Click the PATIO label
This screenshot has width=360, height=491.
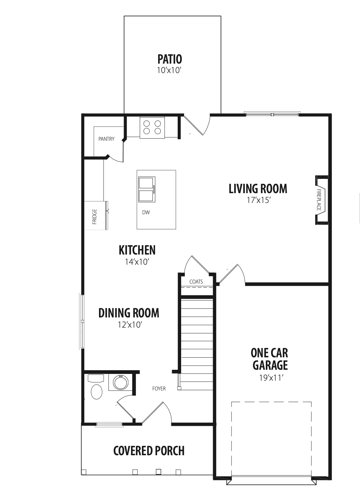pyautogui.click(x=170, y=59)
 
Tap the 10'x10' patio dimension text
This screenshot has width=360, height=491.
pyautogui.click(x=169, y=70)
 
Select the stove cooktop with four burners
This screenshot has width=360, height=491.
pyautogui.click(x=152, y=127)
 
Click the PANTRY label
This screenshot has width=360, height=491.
pyautogui.click(x=106, y=139)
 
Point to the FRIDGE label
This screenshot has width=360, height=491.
pyautogui.click(x=95, y=217)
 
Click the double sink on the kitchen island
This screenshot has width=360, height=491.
pyautogui.click(x=147, y=189)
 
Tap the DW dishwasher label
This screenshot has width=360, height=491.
pyautogui.click(x=146, y=212)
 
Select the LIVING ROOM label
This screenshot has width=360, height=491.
pyautogui.click(x=258, y=189)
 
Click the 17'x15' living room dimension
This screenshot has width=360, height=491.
pyautogui.click(x=258, y=200)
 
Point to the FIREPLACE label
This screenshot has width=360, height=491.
pyautogui.click(x=319, y=200)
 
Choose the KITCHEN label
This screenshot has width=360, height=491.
pyautogui.click(x=137, y=250)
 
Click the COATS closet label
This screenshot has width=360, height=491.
pyautogui.click(x=196, y=282)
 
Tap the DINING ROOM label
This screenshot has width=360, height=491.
pyautogui.click(x=129, y=313)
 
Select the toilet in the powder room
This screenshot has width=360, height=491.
pyautogui.click(x=96, y=386)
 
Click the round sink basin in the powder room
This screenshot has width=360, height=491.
pyautogui.click(x=121, y=383)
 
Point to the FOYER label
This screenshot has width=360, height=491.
pyautogui.click(x=159, y=389)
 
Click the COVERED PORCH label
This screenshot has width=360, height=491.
pyautogui.click(x=149, y=451)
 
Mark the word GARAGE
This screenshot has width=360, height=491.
pyautogui.click(x=270, y=365)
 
